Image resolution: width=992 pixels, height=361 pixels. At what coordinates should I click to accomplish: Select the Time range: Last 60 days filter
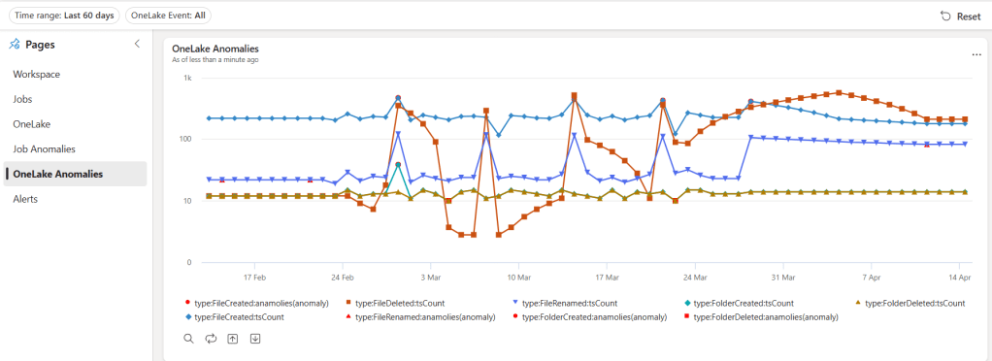(63, 16)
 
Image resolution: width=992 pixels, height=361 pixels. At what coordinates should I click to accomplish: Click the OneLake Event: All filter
(169, 16)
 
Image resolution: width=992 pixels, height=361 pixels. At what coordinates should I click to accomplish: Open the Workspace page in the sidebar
(37, 75)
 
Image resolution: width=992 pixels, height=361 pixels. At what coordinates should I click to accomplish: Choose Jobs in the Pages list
(22, 99)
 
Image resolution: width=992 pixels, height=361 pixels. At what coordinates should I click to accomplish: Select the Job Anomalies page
(44, 149)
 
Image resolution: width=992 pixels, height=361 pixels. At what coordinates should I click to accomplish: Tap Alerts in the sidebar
(25, 199)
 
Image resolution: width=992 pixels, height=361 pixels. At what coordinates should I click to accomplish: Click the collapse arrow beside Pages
(137, 44)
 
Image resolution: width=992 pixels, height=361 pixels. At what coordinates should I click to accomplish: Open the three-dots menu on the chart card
(976, 55)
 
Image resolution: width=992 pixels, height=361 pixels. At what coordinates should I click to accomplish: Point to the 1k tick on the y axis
(187, 78)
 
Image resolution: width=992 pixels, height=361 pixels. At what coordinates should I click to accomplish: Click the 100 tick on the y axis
(184, 140)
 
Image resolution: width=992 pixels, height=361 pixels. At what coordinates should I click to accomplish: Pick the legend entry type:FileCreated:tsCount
(239, 317)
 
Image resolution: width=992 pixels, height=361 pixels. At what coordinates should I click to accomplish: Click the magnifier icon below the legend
(188, 339)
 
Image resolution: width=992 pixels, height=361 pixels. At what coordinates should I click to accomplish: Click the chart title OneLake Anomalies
(215, 49)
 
